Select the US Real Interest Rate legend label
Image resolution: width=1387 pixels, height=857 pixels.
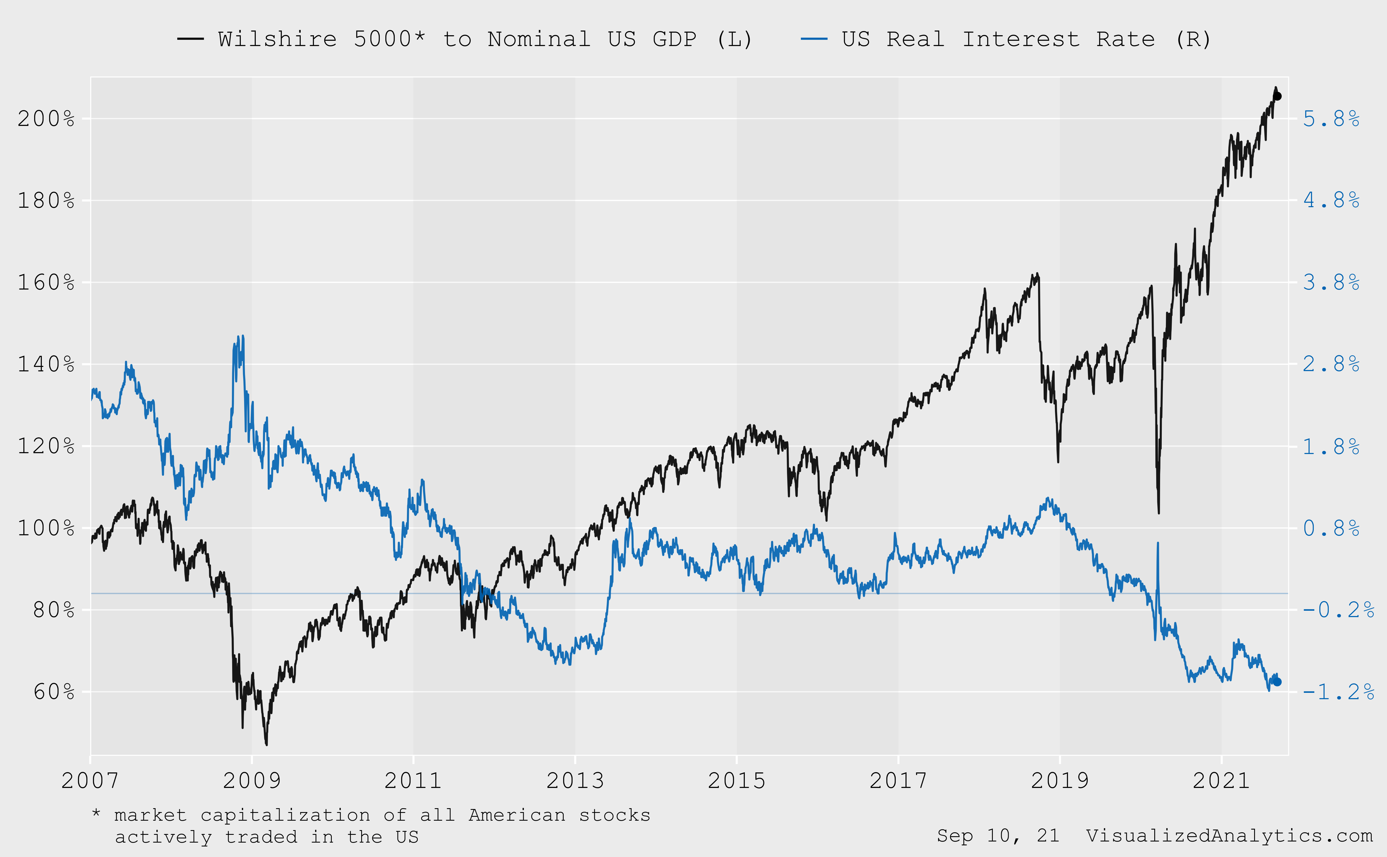click(x=1026, y=39)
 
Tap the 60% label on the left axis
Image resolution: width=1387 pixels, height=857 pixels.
click(x=53, y=692)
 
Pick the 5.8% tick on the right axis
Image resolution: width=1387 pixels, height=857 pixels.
click(x=1331, y=119)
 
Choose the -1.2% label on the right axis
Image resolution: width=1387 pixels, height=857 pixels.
click(x=1338, y=692)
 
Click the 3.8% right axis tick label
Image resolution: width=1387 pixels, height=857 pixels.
click(x=1331, y=282)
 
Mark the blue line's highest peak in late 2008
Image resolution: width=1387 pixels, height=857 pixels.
click(x=243, y=336)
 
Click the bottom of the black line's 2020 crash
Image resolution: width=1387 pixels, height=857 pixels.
click(x=1159, y=513)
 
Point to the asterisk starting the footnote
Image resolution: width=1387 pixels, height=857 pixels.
click(x=96, y=814)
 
